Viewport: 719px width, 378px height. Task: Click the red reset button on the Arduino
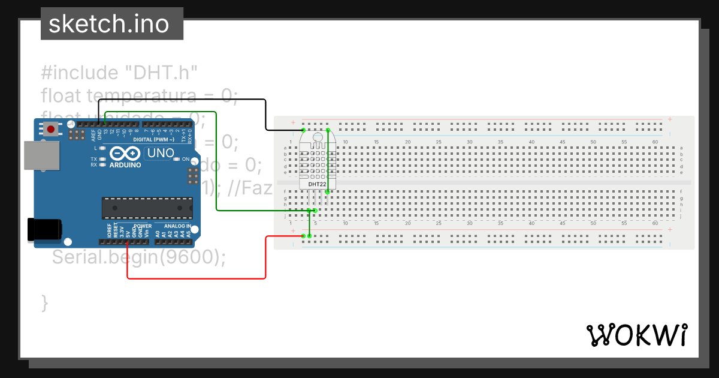tap(52, 129)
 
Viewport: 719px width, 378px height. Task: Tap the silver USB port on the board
tap(42, 156)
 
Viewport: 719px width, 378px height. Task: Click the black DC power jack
tap(44, 230)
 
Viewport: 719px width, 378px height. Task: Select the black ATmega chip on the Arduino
tap(147, 208)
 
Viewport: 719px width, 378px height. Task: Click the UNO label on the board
tap(160, 153)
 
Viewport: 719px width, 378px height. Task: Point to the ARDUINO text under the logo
tap(125, 164)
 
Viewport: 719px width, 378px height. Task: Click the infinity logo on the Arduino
tap(126, 154)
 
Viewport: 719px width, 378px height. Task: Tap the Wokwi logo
tap(636, 335)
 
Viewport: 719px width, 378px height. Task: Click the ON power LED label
tap(186, 159)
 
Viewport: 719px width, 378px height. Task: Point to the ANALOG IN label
tap(177, 226)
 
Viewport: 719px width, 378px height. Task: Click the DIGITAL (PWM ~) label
tap(153, 139)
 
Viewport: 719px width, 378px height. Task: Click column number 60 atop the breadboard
tap(655, 142)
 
